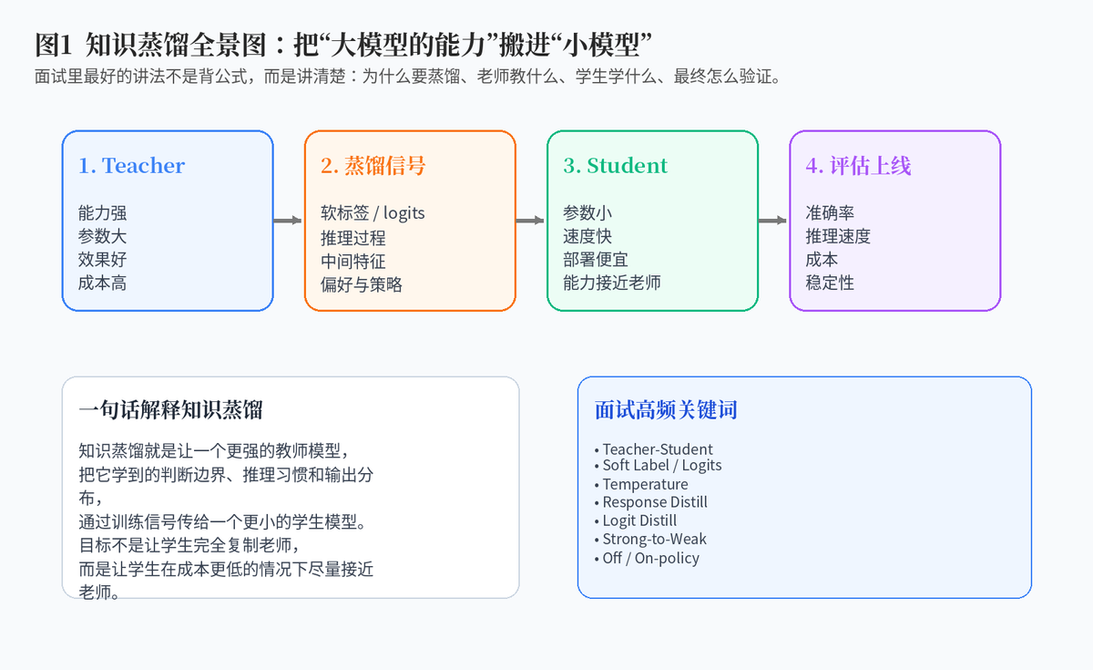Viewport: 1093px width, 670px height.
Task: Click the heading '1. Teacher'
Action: pos(131,166)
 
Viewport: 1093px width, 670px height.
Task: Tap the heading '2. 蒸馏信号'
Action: pos(373,166)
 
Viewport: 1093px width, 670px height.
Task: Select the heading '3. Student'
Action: pos(616,166)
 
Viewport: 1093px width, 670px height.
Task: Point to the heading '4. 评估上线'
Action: pos(858,166)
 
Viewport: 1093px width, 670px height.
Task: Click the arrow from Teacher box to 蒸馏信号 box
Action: pos(288,221)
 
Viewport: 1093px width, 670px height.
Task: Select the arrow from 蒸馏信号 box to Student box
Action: pos(530,221)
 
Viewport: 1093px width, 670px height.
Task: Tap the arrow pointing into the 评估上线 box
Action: pos(772,221)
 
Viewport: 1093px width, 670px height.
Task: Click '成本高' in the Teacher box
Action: pos(102,283)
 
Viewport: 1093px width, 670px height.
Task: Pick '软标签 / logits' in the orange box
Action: pos(373,213)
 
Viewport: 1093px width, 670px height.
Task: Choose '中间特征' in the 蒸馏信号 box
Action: pos(353,262)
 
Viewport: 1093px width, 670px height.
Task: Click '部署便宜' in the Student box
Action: pos(596,260)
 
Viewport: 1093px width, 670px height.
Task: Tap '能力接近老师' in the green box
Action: pos(612,283)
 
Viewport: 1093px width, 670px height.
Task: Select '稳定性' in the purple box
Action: pos(830,283)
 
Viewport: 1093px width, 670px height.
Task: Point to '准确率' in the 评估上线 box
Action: pos(830,213)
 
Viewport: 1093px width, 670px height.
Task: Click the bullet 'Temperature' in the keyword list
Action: pos(641,484)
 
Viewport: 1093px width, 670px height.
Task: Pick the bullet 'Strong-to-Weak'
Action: pos(650,539)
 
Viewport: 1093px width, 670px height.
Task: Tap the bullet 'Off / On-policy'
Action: pos(647,558)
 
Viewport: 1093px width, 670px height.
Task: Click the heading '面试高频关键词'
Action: pos(666,409)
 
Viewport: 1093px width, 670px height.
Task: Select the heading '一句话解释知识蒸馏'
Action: pos(171,409)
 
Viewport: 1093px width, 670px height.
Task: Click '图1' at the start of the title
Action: pos(54,45)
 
